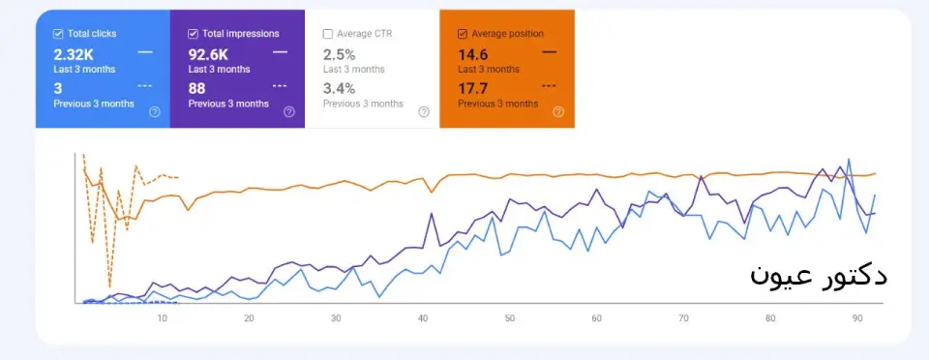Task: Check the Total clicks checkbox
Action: coord(58,34)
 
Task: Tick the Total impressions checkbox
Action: coord(193,34)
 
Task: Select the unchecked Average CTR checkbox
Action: coord(328,34)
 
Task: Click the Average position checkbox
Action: coord(463,34)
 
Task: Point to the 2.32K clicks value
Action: coord(74,55)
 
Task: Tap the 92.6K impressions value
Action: coord(208,55)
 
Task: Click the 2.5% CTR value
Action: coord(339,55)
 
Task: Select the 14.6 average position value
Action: coord(473,55)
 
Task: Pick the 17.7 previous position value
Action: coord(473,89)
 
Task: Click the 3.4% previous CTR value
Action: coord(339,89)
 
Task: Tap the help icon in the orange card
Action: coord(558,112)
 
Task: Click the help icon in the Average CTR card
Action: coord(424,112)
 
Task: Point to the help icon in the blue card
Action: coord(155,112)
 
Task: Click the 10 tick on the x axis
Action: coord(162,318)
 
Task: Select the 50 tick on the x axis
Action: coord(510,318)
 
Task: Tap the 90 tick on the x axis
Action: coord(857,318)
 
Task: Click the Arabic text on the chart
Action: coord(819,276)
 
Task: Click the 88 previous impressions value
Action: coord(196,89)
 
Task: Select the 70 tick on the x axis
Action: coord(684,318)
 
